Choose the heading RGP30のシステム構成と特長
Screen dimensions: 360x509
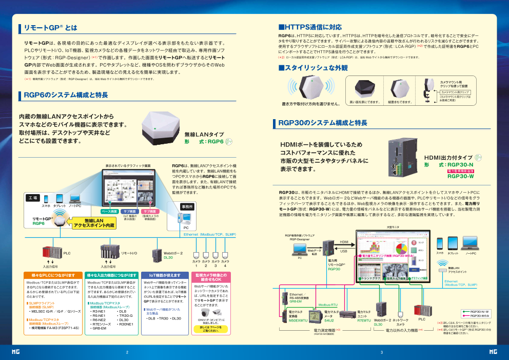pos(322,123)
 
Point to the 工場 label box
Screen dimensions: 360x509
pos(32,197)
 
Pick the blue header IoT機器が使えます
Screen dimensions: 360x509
pos(161,276)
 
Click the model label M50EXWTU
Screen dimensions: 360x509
pos(298,320)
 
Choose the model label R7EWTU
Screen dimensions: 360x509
pos(364,320)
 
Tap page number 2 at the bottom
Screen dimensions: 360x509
pos(127,352)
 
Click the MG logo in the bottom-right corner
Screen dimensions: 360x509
pos(493,352)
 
